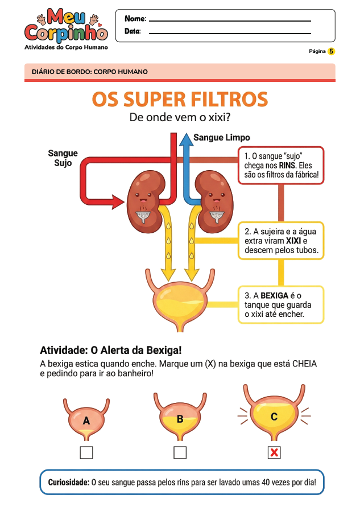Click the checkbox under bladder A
86,453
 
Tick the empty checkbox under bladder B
180,453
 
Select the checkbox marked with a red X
274,453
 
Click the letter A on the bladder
86,421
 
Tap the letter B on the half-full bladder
180,419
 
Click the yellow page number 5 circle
332,51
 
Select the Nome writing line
230,20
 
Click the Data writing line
230,33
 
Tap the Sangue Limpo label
221,138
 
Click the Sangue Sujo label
63,158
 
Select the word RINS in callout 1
289,165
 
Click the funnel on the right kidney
217,215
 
